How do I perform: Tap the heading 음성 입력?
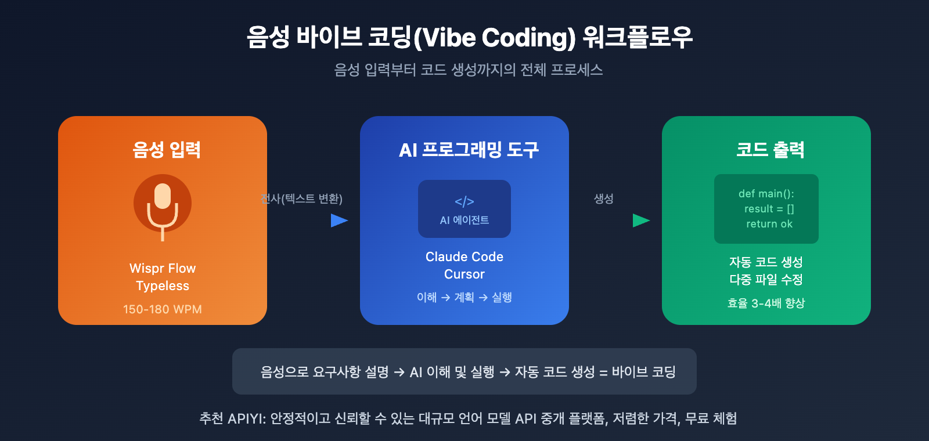coord(167,150)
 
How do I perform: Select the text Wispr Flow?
coord(163,268)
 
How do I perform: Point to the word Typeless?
coord(163,285)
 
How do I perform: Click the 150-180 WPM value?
coord(163,309)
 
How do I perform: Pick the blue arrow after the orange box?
coord(339,220)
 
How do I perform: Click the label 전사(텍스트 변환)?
coord(302,199)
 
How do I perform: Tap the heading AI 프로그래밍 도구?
coord(469,150)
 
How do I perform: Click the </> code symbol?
coord(464,201)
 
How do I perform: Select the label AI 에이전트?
coord(464,220)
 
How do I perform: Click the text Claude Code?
coord(464,256)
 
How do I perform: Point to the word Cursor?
coord(464,274)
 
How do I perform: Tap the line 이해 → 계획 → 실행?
coord(464,297)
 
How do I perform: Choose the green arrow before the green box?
coord(641,220)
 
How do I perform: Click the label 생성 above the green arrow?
coord(604,199)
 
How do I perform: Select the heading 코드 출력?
coord(770,150)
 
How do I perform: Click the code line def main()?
coord(766,194)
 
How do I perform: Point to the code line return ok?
coord(769,224)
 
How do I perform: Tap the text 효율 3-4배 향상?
coord(766,303)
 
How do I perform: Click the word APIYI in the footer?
coord(247,418)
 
